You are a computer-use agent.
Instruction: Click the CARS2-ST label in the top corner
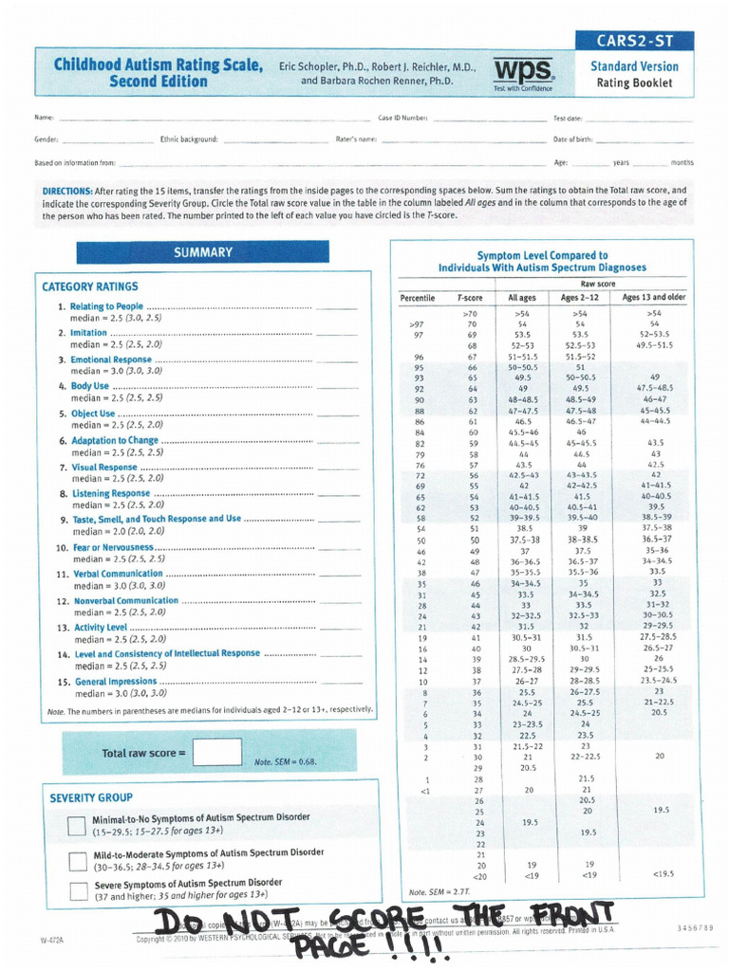tap(634, 41)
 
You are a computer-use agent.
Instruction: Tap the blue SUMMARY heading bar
tap(202, 252)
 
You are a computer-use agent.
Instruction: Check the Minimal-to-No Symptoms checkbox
tap(77, 826)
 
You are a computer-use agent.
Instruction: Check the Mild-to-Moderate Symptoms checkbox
tap(77, 860)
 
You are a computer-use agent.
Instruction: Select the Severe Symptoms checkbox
tap(77, 890)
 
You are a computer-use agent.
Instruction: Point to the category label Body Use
tap(89, 386)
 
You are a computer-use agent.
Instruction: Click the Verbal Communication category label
tap(118, 574)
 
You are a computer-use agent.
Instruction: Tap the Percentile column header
tap(417, 298)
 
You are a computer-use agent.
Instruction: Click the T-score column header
tap(470, 298)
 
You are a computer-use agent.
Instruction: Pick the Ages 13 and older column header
tap(654, 298)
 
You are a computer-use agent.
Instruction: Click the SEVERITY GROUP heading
tap(91, 797)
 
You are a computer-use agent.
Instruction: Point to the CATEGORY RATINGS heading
tap(90, 286)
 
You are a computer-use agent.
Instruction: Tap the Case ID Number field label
tap(402, 119)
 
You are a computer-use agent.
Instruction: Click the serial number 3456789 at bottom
tap(697, 926)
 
